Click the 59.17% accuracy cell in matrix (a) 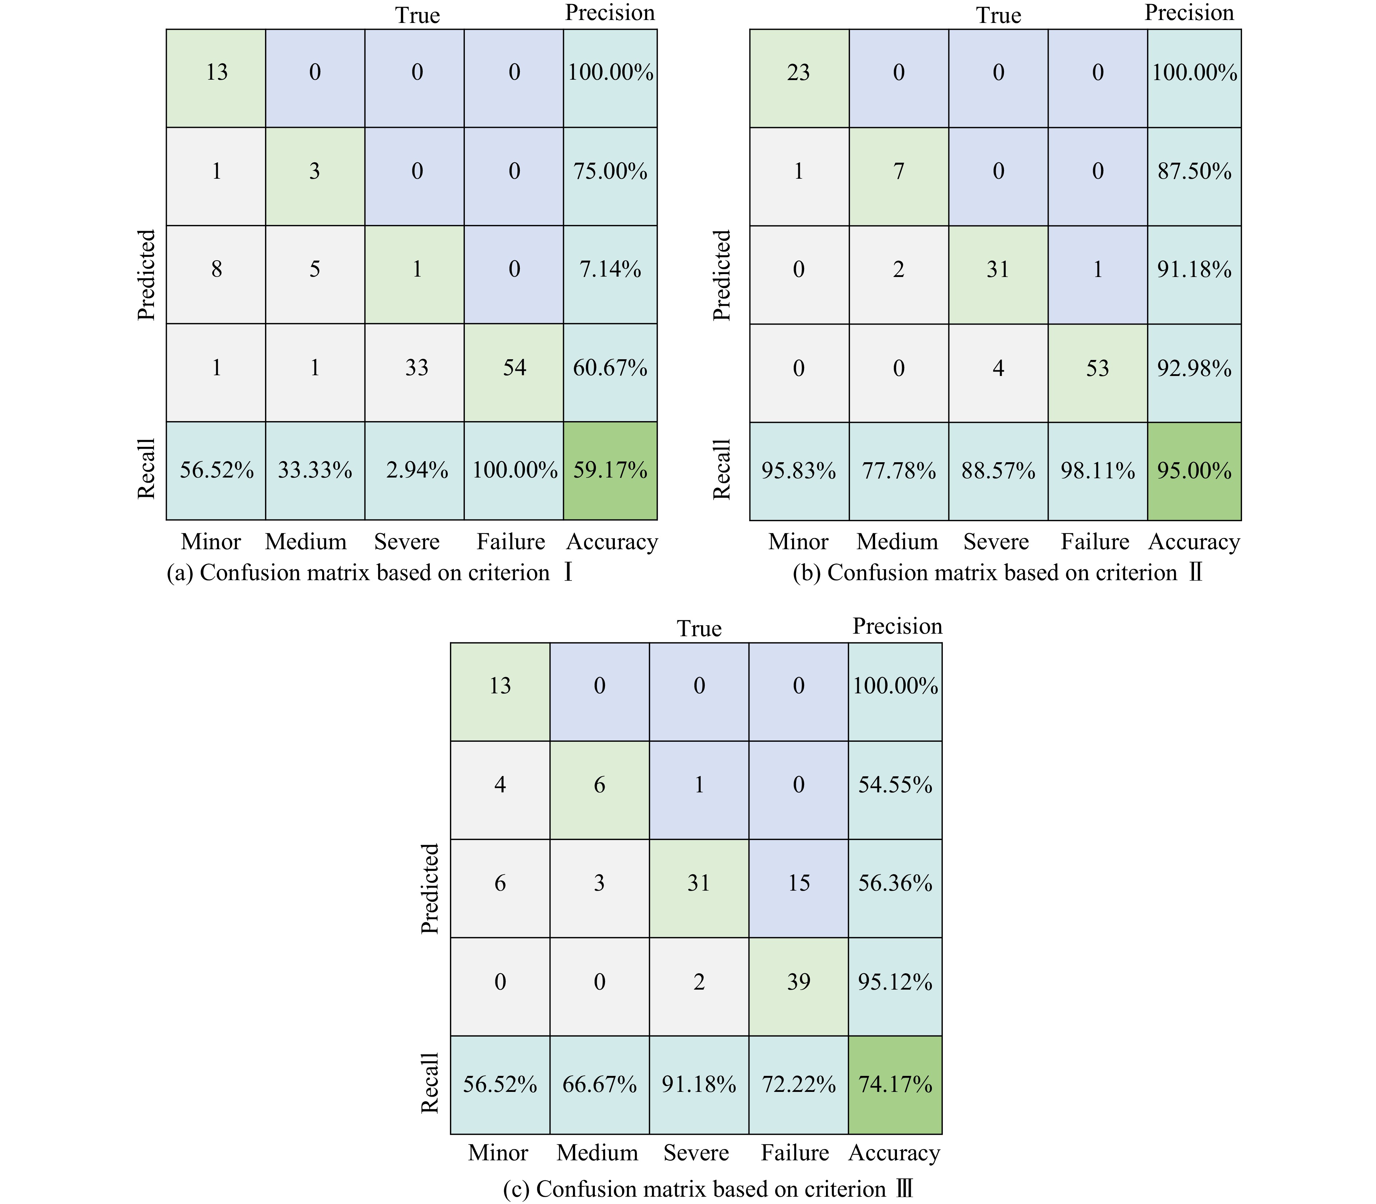[x=610, y=470]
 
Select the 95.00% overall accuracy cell [x=1194, y=470]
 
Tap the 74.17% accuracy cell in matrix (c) [x=895, y=1084]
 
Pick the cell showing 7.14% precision [x=610, y=269]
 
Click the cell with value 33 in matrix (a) [x=416, y=368]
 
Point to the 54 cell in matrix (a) [x=514, y=368]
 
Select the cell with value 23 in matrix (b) [x=799, y=72]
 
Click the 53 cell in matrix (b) [x=1097, y=368]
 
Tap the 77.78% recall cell [x=898, y=470]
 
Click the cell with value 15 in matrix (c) [x=798, y=883]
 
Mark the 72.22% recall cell [x=798, y=1084]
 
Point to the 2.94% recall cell [x=416, y=470]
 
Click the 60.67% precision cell [x=610, y=368]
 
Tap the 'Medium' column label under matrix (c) [x=597, y=1153]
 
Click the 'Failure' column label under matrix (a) [x=511, y=542]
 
